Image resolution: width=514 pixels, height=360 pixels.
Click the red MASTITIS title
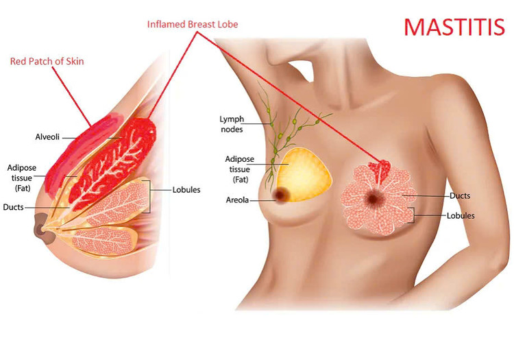(x=454, y=27)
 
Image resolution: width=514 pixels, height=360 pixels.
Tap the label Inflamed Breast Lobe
(x=193, y=24)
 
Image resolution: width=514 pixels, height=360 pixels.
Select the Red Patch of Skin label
(x=47, y=61)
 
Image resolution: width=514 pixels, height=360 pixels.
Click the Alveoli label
(x=47, y=136)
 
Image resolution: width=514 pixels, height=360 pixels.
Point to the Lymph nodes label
(x=232, y=124)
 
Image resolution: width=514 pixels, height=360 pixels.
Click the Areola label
(x=237, y=200)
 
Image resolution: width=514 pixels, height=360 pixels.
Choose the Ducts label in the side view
(x=13, y=207)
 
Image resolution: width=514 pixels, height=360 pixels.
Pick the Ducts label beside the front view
(x=460, y=195)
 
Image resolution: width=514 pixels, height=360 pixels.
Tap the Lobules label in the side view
(x=186, y=190)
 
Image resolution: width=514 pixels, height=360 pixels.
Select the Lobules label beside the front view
(x=461, y=216)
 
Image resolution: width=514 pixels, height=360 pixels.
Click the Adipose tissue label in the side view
(x=22, y=178)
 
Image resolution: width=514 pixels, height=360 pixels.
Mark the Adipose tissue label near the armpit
(x=240, y=169)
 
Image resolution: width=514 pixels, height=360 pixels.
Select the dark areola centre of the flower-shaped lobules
(x=373, y=198)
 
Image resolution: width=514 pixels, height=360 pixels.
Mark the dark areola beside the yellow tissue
(x=281, y=195)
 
